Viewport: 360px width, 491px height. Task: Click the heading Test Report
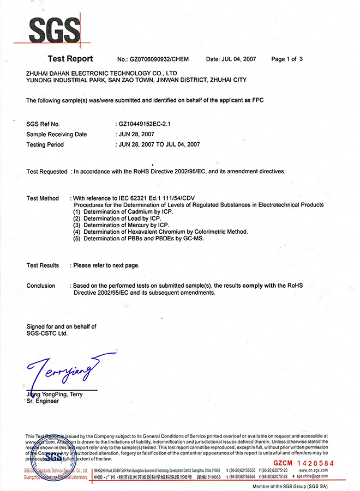point(70,59)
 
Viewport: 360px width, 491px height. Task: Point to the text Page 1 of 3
point(286,59)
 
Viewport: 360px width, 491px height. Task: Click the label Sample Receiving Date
point(57,135)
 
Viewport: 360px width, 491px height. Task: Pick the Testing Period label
point(45,144)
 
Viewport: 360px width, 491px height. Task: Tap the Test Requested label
point(47,172)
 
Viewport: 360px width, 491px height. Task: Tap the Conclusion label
point(41,286)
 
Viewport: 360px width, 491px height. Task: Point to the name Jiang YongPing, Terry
point(55,394)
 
